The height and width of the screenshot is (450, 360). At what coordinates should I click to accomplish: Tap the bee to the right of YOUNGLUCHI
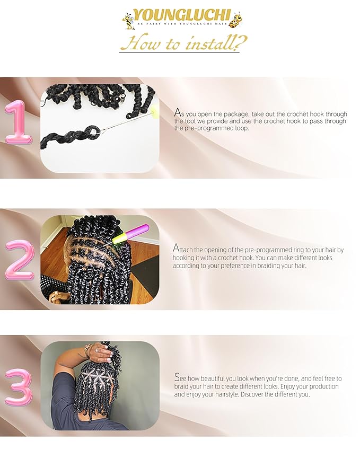click(236, 20)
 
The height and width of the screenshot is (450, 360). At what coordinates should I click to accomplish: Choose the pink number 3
click(19, 387)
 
